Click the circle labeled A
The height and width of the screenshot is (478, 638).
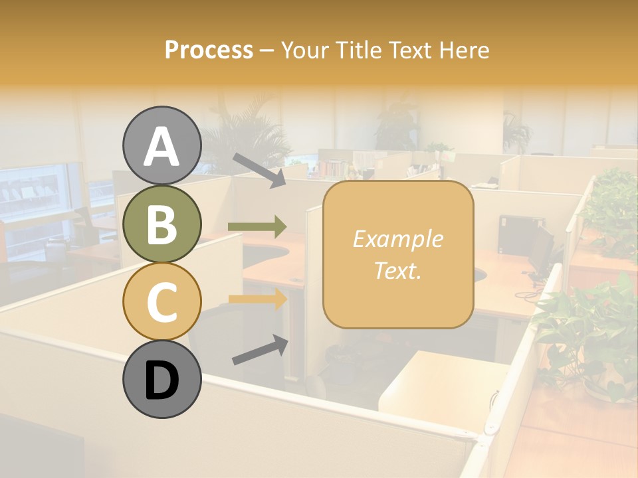pos(161,145)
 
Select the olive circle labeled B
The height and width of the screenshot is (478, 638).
pos(161,224)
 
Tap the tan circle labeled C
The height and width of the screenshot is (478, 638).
pos(161,301)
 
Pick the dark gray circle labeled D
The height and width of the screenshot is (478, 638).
pos(161,379)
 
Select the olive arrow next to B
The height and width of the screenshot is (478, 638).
pos(257,227)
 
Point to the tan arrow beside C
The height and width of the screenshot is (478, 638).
pos(257,299)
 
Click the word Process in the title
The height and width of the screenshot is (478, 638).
pos(209,50)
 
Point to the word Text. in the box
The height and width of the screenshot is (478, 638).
pos(397,271)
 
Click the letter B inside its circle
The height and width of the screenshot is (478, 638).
pos(161,224)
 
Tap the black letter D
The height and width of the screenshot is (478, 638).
pos(161,380)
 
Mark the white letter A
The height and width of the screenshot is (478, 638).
pos(161,147)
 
